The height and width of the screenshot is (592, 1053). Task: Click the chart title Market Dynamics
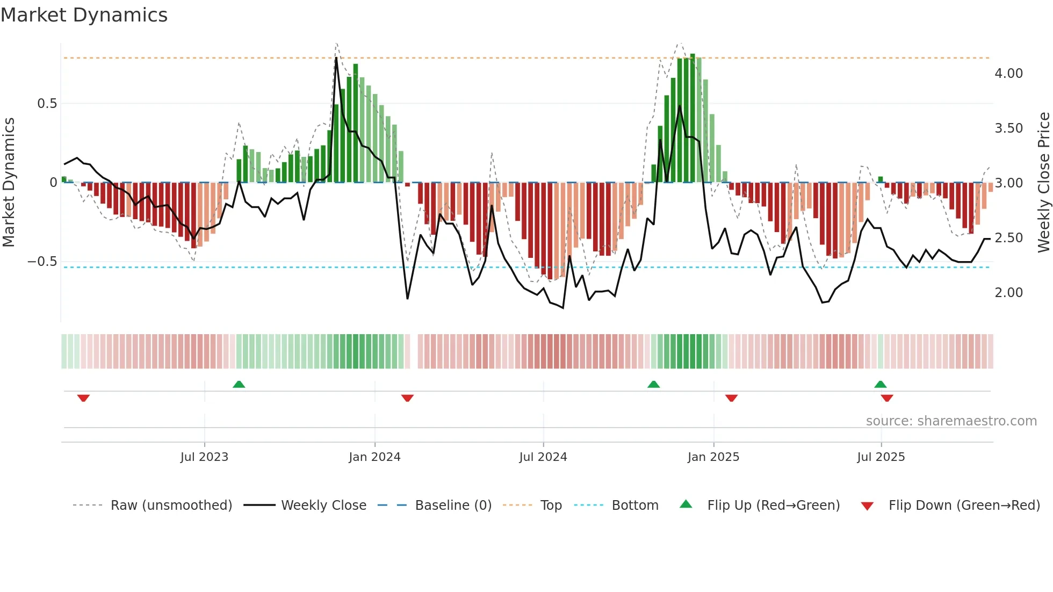point(84,15)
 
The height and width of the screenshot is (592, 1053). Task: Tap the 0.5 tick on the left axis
point(47,104)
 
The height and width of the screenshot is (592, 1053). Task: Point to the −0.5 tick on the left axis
point(42,262)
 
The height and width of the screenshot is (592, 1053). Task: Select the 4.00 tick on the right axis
point(1008,74)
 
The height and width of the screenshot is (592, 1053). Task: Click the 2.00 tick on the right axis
point(1008,293)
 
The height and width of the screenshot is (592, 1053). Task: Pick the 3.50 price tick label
point(1008,128)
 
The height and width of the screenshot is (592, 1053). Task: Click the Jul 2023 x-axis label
point(204,457)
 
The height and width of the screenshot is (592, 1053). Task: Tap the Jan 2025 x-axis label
point(713,457)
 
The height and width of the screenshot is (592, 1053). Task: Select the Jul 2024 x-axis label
point(543,457)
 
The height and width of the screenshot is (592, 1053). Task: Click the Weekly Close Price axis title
point(1043,183)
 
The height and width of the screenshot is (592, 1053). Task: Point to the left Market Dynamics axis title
point(9,183)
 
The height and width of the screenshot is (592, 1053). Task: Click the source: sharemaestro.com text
point(951,421)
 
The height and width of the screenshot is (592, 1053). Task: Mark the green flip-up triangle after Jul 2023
point(239,384)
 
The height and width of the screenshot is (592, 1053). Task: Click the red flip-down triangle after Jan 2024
point(407,398)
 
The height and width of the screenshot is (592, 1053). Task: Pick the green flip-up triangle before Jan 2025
point(653,384)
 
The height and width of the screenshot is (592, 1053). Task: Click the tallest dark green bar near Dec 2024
point(693,118)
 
